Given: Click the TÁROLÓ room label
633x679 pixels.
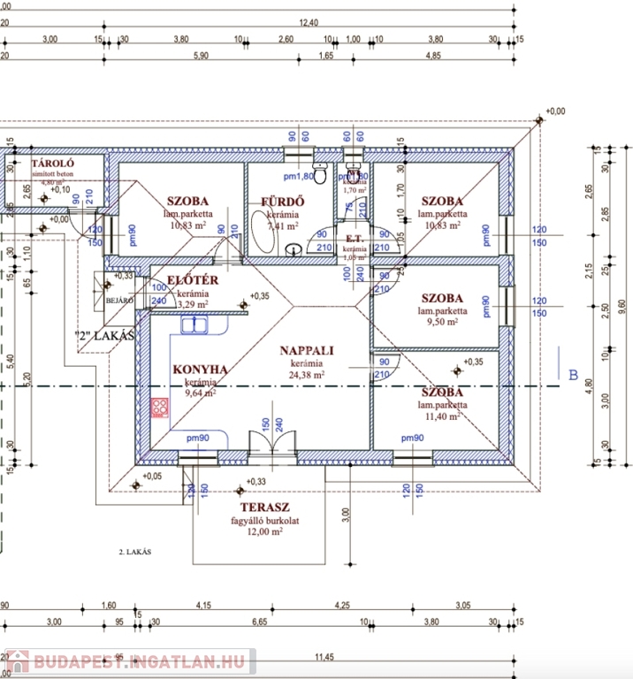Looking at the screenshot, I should pos(53,165).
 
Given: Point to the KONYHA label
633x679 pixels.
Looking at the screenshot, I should pos(201,369).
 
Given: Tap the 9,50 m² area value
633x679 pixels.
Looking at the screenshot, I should pos(443,323).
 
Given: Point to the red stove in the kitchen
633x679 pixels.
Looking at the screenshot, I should pos(161,408).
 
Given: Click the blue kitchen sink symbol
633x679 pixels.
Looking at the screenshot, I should pos(194,325).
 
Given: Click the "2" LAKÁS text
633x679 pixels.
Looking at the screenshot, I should pos(103,336).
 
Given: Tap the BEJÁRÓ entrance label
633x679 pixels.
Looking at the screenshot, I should pos(118,301).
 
